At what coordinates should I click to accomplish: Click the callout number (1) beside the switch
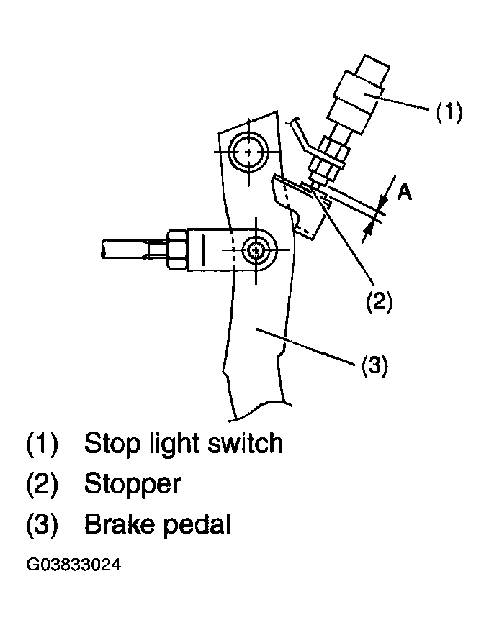(x=449, y=111)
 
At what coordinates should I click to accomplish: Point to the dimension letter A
(x=404, y=192)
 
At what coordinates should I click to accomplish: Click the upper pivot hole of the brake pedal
(x=248, y=152)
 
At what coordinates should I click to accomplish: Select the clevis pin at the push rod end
(x=256, y=250)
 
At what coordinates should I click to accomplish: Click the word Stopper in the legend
(x=133, y=485)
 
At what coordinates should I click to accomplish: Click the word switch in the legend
(x=245, y=442)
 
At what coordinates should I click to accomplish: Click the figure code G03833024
(x=73, y=565)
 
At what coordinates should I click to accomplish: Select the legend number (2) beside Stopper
(x=42, y=485)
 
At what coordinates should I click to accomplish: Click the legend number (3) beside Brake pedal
(x=42, y=524)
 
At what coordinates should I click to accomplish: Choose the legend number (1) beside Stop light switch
(x=42, y=444)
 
